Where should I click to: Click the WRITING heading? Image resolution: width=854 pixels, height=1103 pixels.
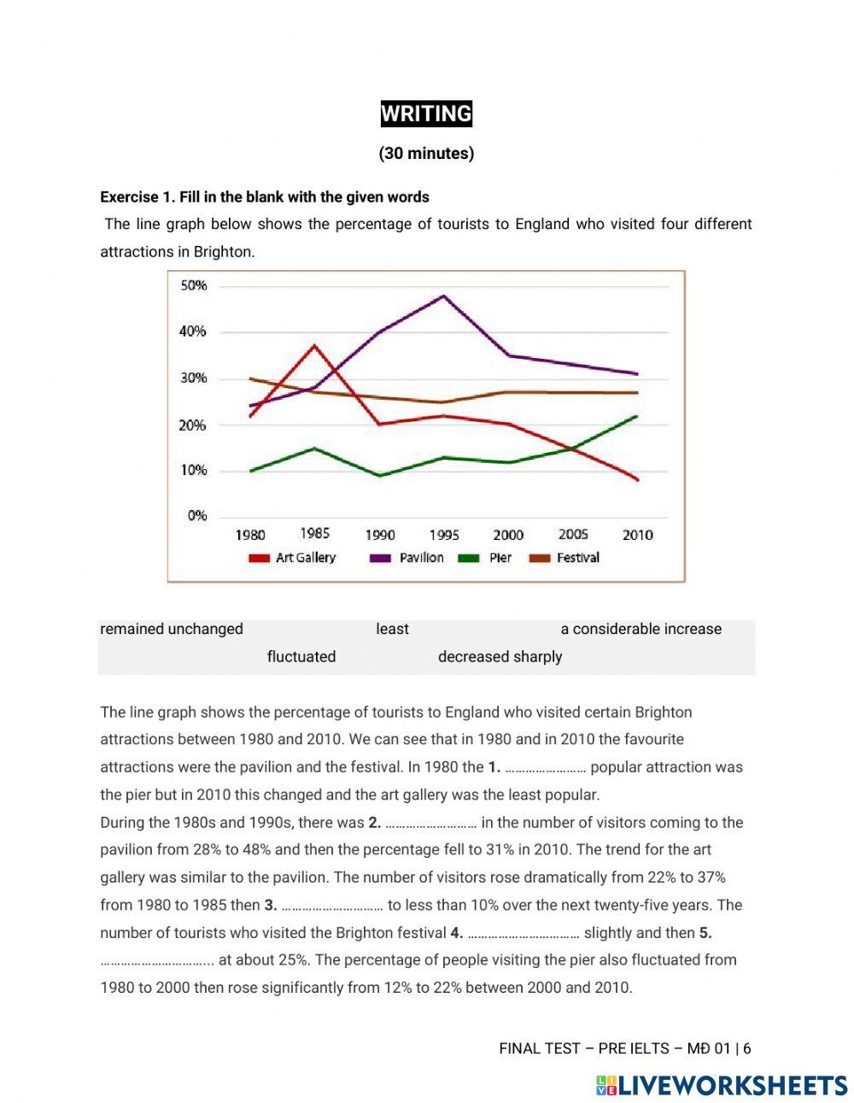(x=426, y=114)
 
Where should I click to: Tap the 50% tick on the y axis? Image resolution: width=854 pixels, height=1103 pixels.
(x=194, y=285)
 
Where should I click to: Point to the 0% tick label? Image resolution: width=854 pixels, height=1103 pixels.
(x=196, y=516)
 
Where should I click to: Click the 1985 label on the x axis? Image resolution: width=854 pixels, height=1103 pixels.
(x=314, y=533)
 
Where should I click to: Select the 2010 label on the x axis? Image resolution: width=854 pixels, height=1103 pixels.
(x=637, y=535)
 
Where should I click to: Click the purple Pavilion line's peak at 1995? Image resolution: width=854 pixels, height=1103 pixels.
(x=444, y=296)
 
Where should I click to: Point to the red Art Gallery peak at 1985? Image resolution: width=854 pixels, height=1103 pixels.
(x=314, y=345)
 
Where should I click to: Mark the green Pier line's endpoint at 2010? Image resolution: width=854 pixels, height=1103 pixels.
(x=637, y=416)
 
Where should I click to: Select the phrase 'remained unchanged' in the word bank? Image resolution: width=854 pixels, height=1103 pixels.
(x=172, y=629)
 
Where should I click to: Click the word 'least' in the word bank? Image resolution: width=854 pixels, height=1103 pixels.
(x=392, y=629)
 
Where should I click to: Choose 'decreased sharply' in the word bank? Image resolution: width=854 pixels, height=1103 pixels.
(x=500, y=657)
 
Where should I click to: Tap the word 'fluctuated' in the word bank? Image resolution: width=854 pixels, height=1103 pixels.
(x=301, y=657)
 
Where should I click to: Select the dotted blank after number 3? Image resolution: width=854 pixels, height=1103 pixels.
(x=332, y=906)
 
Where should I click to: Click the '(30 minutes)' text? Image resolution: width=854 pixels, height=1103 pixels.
(x=426, y=154)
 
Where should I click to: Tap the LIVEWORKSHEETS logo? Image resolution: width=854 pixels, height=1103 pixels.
(x=722, y=1085)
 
